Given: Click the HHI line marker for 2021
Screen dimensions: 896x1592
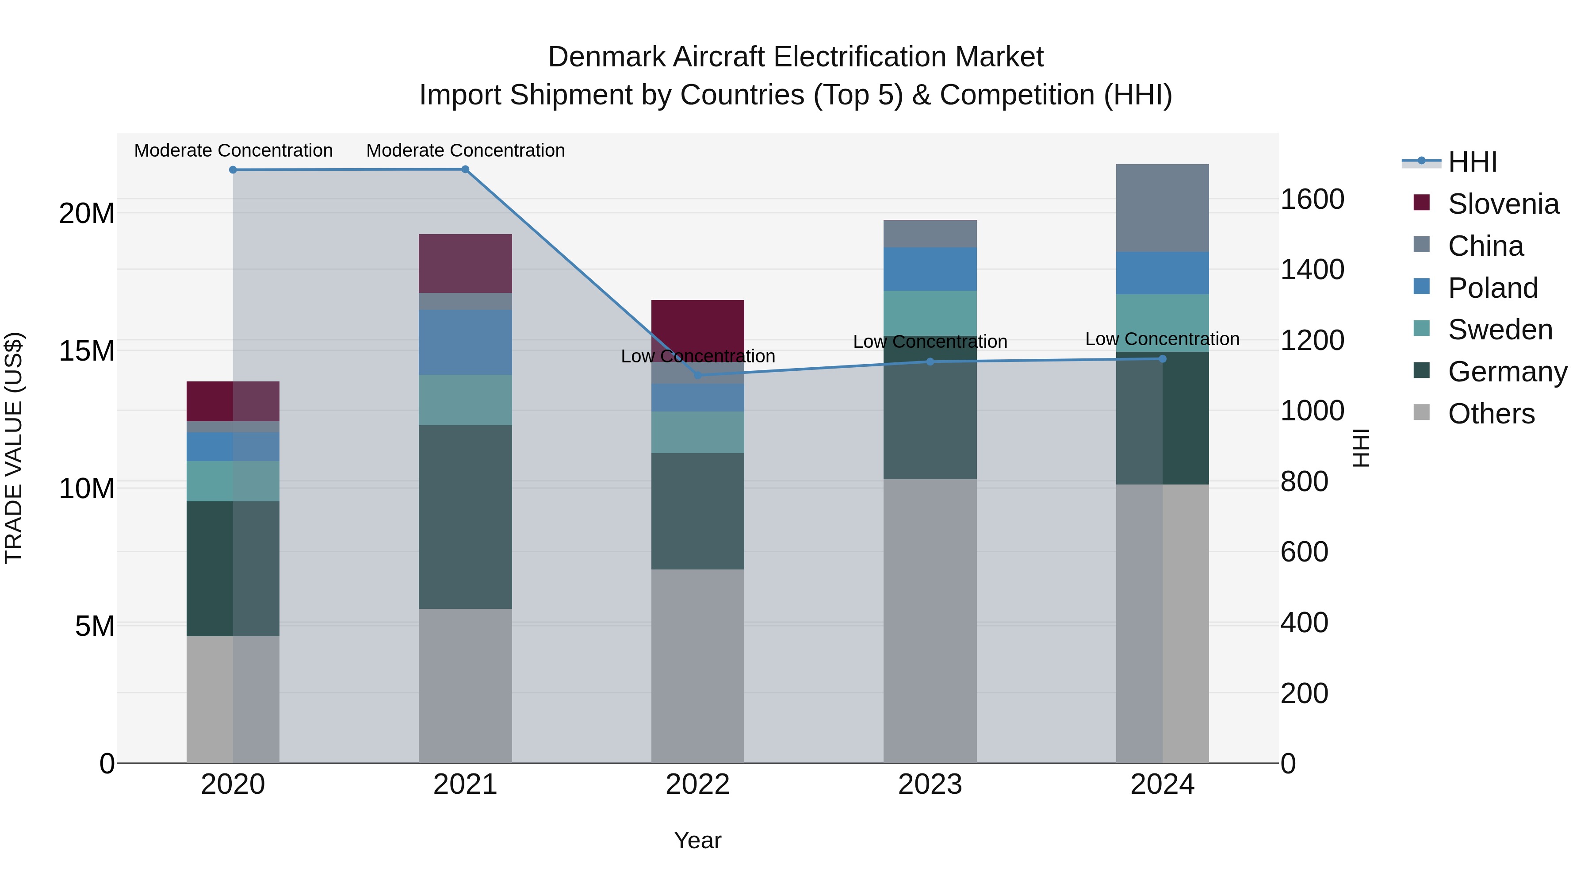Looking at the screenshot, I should (x=465, y=169).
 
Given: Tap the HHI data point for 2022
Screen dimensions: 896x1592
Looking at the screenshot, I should (x=698, y=375).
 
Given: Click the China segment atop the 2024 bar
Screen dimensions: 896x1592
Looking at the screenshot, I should (x=1162, y=208).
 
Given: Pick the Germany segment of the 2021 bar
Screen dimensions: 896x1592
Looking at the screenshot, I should (x=465, y=516).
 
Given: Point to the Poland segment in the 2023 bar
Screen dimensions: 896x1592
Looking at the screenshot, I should (x=930, y=269).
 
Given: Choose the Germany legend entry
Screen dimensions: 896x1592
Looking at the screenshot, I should (x=1507, y=372).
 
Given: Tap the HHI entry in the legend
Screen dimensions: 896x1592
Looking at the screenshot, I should (x=1472, y=162).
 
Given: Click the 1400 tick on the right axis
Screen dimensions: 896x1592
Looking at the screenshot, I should (x=1312, y=269).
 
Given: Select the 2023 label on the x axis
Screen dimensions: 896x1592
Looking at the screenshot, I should (x=930, y=784).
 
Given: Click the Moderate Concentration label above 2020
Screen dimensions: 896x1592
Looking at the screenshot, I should (x=233, y=150).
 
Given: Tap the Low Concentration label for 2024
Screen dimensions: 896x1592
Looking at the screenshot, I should (x=1162, y=339).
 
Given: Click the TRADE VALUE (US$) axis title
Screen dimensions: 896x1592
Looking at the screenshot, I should (x=14, y=448).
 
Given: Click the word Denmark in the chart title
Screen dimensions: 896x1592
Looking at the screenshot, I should (x=607, y=57).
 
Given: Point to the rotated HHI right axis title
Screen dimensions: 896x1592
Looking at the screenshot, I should (x=1360, y=448).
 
